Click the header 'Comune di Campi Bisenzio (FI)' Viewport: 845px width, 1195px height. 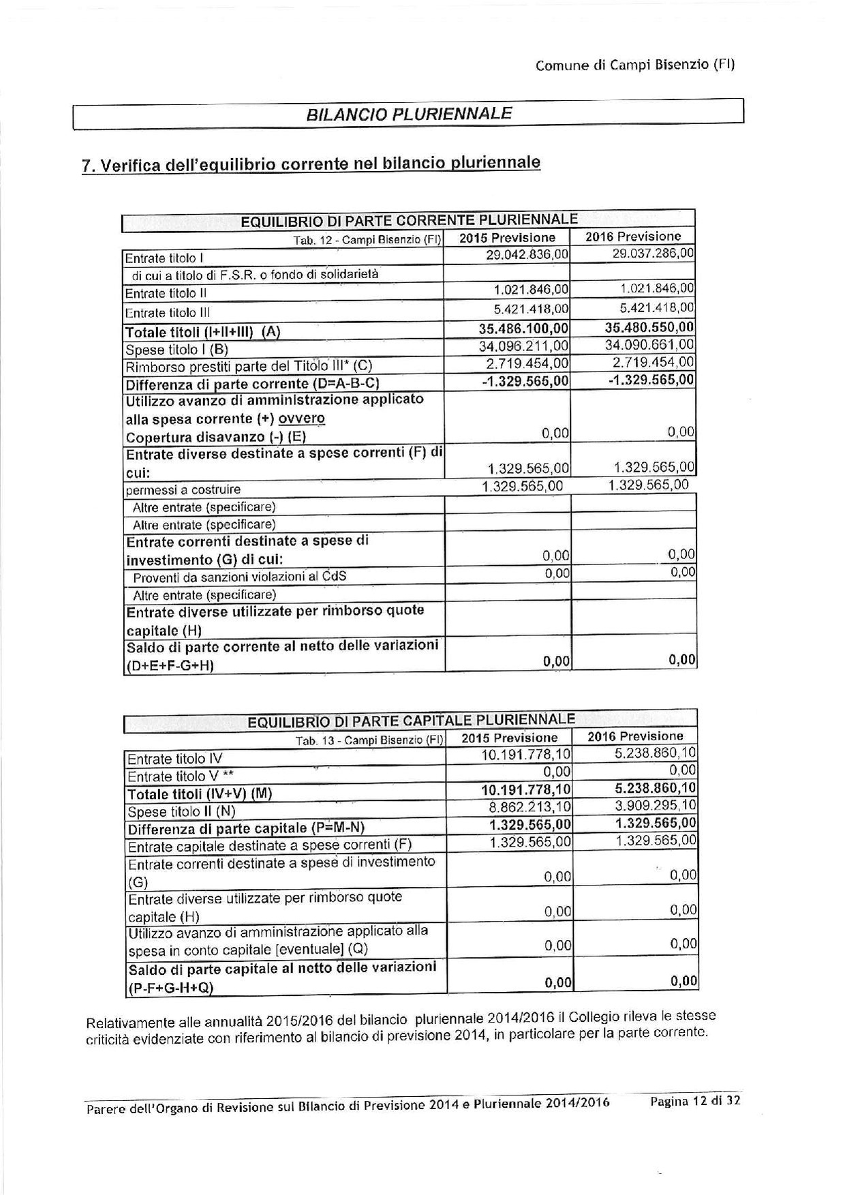tap(634, 65)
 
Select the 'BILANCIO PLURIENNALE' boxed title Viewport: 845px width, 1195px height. tap(409, 113)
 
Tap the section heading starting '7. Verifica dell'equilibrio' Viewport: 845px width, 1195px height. tap(311, 164)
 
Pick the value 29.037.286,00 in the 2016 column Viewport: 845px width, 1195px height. tap(652, 254)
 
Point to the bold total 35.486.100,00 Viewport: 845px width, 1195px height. tap(524, 329)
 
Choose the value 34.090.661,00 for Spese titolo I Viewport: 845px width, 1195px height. tap(649, 345)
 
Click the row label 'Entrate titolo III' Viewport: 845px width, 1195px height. tap(168, 313)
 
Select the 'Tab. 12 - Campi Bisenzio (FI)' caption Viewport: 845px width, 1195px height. tap(367, 240)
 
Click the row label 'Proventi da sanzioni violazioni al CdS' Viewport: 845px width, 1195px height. tap(239, 577)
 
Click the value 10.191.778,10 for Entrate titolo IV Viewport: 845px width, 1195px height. tap(526, 755)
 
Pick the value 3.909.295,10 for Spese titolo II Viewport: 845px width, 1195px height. tap(652, 806)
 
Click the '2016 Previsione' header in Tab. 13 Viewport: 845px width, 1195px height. tap(635, 736)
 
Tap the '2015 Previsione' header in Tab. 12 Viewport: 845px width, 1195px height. tap(507, 238)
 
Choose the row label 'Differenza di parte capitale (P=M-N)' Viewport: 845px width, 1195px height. tap(246, 828)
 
